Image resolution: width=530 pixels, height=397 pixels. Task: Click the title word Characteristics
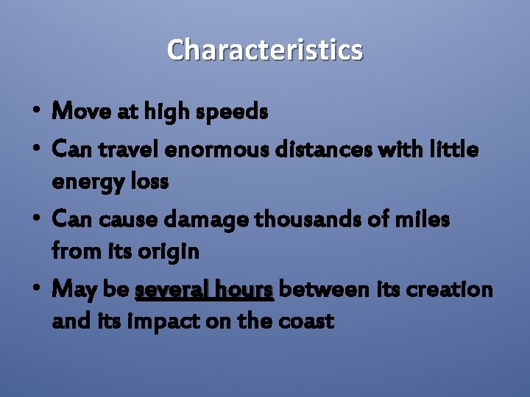coord(265,50)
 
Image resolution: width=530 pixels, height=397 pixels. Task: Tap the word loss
coord(149,181)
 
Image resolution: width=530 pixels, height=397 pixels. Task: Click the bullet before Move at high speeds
coord(36,112)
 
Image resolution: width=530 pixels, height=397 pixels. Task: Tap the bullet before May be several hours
coord(36,290)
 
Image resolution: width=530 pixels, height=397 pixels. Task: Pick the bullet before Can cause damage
coord(36,220)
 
